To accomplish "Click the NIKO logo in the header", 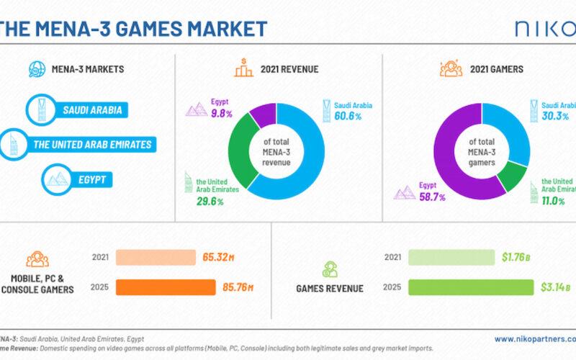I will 544,29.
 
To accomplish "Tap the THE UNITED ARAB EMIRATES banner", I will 92,144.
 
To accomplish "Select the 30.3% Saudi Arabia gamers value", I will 556,116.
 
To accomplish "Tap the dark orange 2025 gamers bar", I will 166,287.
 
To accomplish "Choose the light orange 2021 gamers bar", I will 156,258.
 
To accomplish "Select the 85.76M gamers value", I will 238,287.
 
